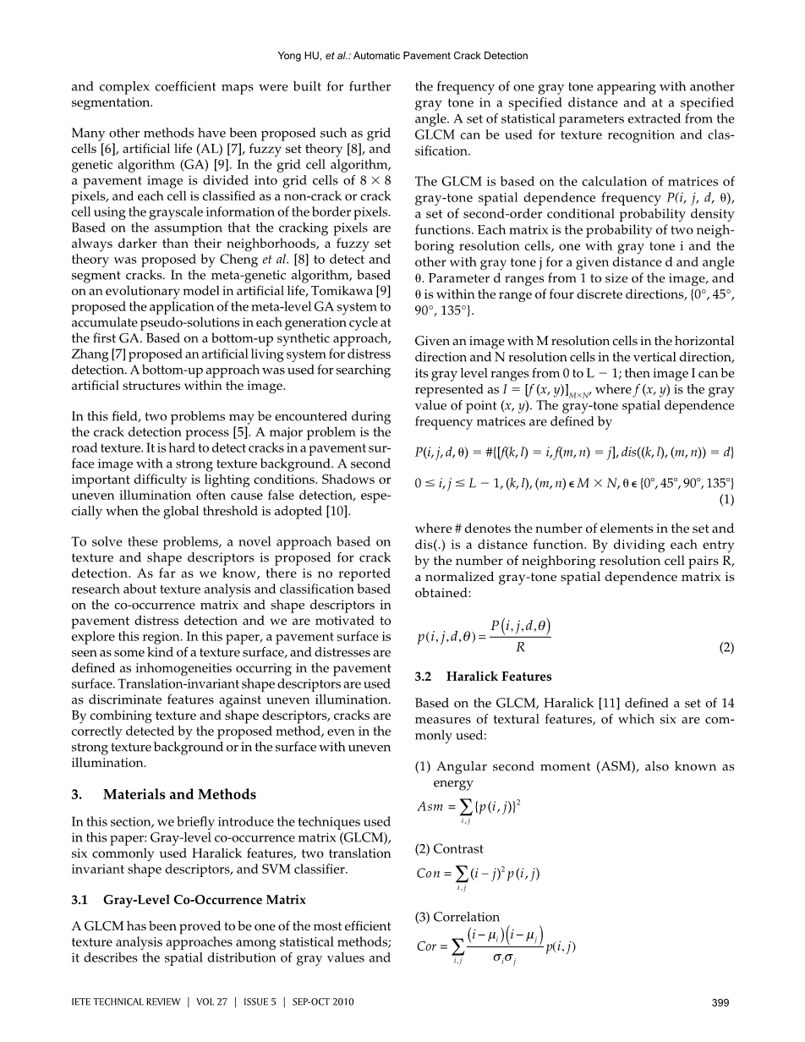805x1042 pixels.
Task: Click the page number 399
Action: click(x=720, y=1003)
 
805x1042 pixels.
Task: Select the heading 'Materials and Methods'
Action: click(x=179, y=794)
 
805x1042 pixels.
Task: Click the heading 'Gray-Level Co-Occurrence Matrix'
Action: click(x=205, y=899)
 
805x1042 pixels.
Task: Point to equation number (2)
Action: click(x=725, y=646)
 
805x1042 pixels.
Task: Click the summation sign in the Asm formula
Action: click(x=464, y=807)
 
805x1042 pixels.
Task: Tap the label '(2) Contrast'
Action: click(x=450, y=848)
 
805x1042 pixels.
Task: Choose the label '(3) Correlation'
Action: click(x=457, y=917)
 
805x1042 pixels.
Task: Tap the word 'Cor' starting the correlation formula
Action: click(x=427, y=947)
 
